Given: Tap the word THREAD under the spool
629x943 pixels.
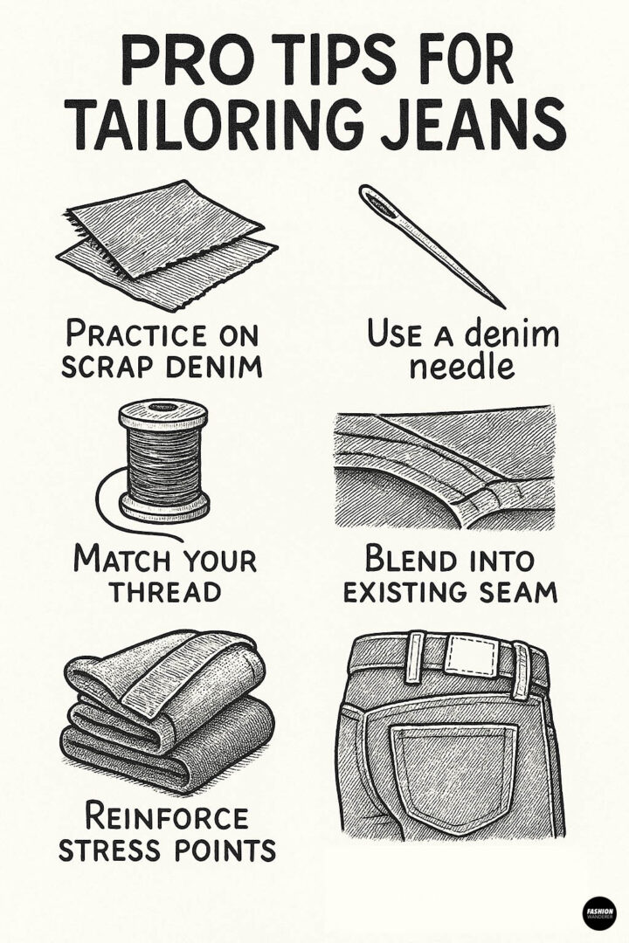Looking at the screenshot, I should point(165,590).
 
